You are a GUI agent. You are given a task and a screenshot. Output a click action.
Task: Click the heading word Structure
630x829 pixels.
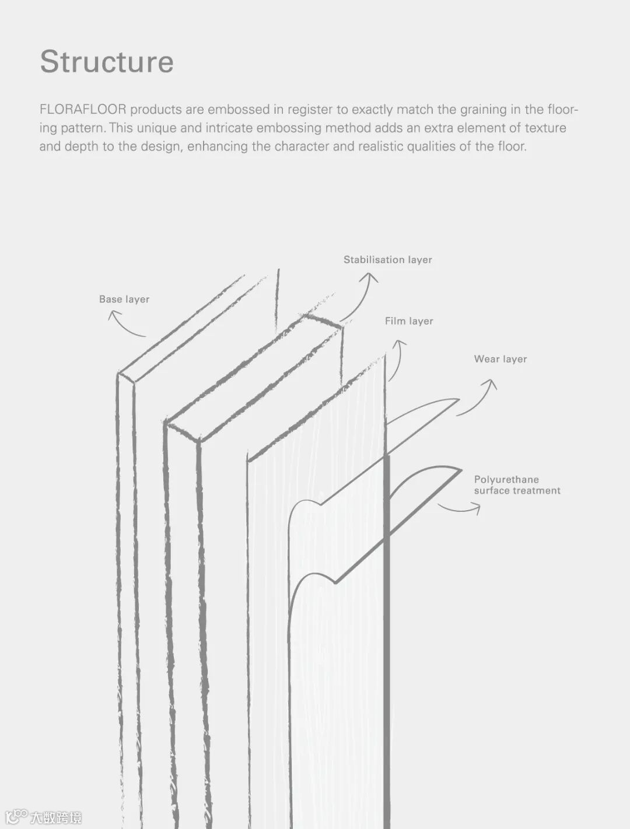point(107,62)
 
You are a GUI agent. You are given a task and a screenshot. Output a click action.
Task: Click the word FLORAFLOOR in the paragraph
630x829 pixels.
point(82,110)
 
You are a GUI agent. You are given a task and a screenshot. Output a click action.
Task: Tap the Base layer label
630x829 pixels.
point(124,299)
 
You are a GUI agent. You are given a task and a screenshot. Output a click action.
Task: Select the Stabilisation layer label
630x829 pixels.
point(387,259)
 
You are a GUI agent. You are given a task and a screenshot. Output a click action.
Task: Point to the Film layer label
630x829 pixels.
point(409,321)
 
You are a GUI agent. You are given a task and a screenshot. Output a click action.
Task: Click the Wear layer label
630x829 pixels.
point(500,359)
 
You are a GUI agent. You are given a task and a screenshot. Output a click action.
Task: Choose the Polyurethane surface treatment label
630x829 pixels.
point(517,485)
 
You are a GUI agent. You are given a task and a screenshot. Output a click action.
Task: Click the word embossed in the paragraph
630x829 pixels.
point(239,110)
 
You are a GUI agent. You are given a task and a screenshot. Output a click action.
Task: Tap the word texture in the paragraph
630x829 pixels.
point(545,128)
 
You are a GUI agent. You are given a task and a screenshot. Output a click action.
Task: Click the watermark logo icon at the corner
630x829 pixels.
point(16,816)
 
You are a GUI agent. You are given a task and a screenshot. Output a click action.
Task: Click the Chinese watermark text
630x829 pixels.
point(56,817)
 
